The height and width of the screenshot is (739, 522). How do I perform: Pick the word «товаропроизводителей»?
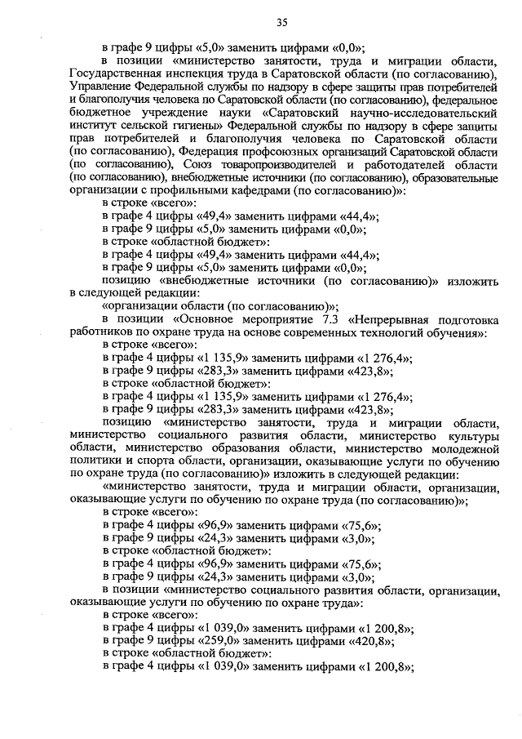point(285,165)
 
